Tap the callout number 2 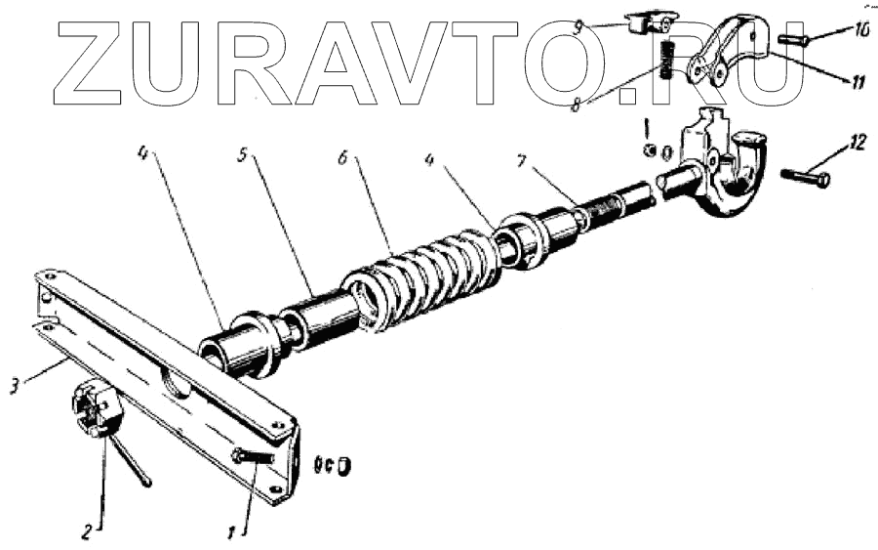coord(87,533)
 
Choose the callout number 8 coord(578,103)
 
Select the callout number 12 coord(857,143)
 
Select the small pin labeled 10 coord(795,40)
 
